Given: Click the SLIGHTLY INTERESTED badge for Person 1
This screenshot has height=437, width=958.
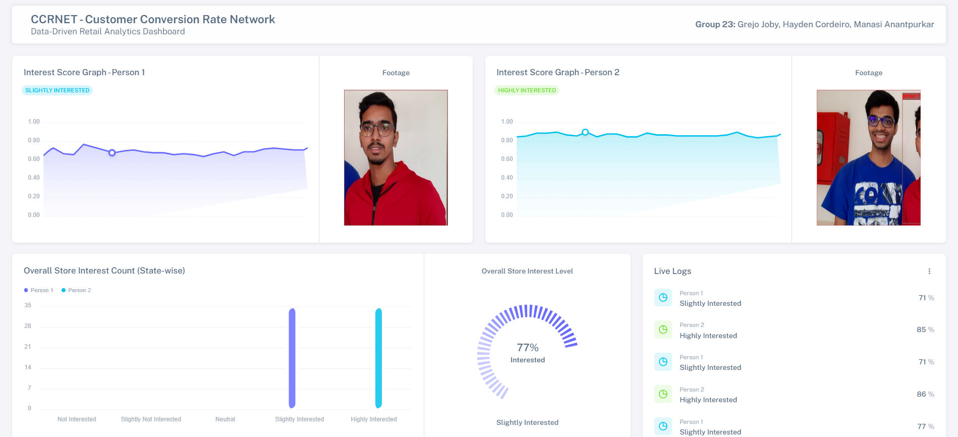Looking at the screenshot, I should (57, 90).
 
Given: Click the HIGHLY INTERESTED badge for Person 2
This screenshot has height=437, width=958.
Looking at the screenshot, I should (527, 90).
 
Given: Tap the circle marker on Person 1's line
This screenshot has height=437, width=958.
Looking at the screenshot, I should (112, 153).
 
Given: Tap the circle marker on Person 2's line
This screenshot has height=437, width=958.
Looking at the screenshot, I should (585, 132).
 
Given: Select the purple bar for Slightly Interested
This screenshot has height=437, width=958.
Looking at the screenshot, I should (292, 358).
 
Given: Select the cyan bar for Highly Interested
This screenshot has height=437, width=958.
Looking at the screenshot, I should (378, 358).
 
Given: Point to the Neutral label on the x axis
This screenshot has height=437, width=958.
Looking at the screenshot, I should (225, 419).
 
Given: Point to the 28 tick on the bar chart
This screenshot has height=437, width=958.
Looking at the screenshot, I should (28, 326).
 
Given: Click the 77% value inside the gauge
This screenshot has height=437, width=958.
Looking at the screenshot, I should (527, 348).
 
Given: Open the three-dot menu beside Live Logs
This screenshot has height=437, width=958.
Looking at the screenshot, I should (929, 271).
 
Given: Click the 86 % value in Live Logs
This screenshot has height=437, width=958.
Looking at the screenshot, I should (925, 394).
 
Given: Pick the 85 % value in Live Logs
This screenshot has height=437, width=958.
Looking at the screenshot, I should (925, 330).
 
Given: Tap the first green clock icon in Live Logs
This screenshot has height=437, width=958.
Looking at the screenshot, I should (663, 330).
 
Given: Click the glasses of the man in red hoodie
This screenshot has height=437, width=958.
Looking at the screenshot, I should (377, 130).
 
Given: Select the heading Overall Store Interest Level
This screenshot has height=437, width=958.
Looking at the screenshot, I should (527, 271).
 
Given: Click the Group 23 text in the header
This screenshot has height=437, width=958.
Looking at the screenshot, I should (715, 24).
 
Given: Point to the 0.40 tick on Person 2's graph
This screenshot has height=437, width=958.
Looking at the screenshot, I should (506, 178).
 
